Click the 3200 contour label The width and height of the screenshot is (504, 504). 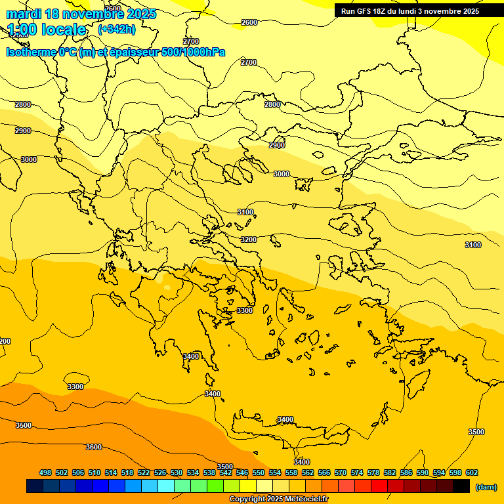[249, 240]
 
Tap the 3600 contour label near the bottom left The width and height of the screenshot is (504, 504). [94, 447]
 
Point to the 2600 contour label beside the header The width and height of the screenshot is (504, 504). [249, 22]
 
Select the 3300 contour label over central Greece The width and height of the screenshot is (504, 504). [245, 310]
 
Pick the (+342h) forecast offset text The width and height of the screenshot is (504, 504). [116, 30]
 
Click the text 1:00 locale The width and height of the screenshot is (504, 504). [47, 30]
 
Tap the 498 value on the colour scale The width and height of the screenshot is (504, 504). [45, 472]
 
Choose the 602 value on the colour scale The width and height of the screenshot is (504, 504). [471, 472]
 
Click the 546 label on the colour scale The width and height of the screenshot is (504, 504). [241, 472]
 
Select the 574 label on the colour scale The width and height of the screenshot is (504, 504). [357, 472]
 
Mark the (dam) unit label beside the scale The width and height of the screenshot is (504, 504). [486, 486]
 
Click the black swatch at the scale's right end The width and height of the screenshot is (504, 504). [461, 486]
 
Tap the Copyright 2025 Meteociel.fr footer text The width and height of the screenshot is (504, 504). [278, 499]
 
